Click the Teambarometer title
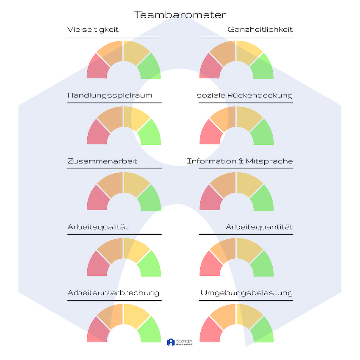click(180, 15)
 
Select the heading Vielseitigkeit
click(93, 30)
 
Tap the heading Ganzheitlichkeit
click(260, 30)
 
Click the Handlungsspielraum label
click(110, 95)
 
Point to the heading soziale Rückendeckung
click(244, 95)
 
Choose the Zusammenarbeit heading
click(102, 161)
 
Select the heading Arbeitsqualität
click(98, 227)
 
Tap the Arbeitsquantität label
click(259, 227)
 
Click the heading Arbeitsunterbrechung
click(113, 293)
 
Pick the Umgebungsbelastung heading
click(246, 293)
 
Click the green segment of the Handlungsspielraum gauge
click(150, 134)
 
